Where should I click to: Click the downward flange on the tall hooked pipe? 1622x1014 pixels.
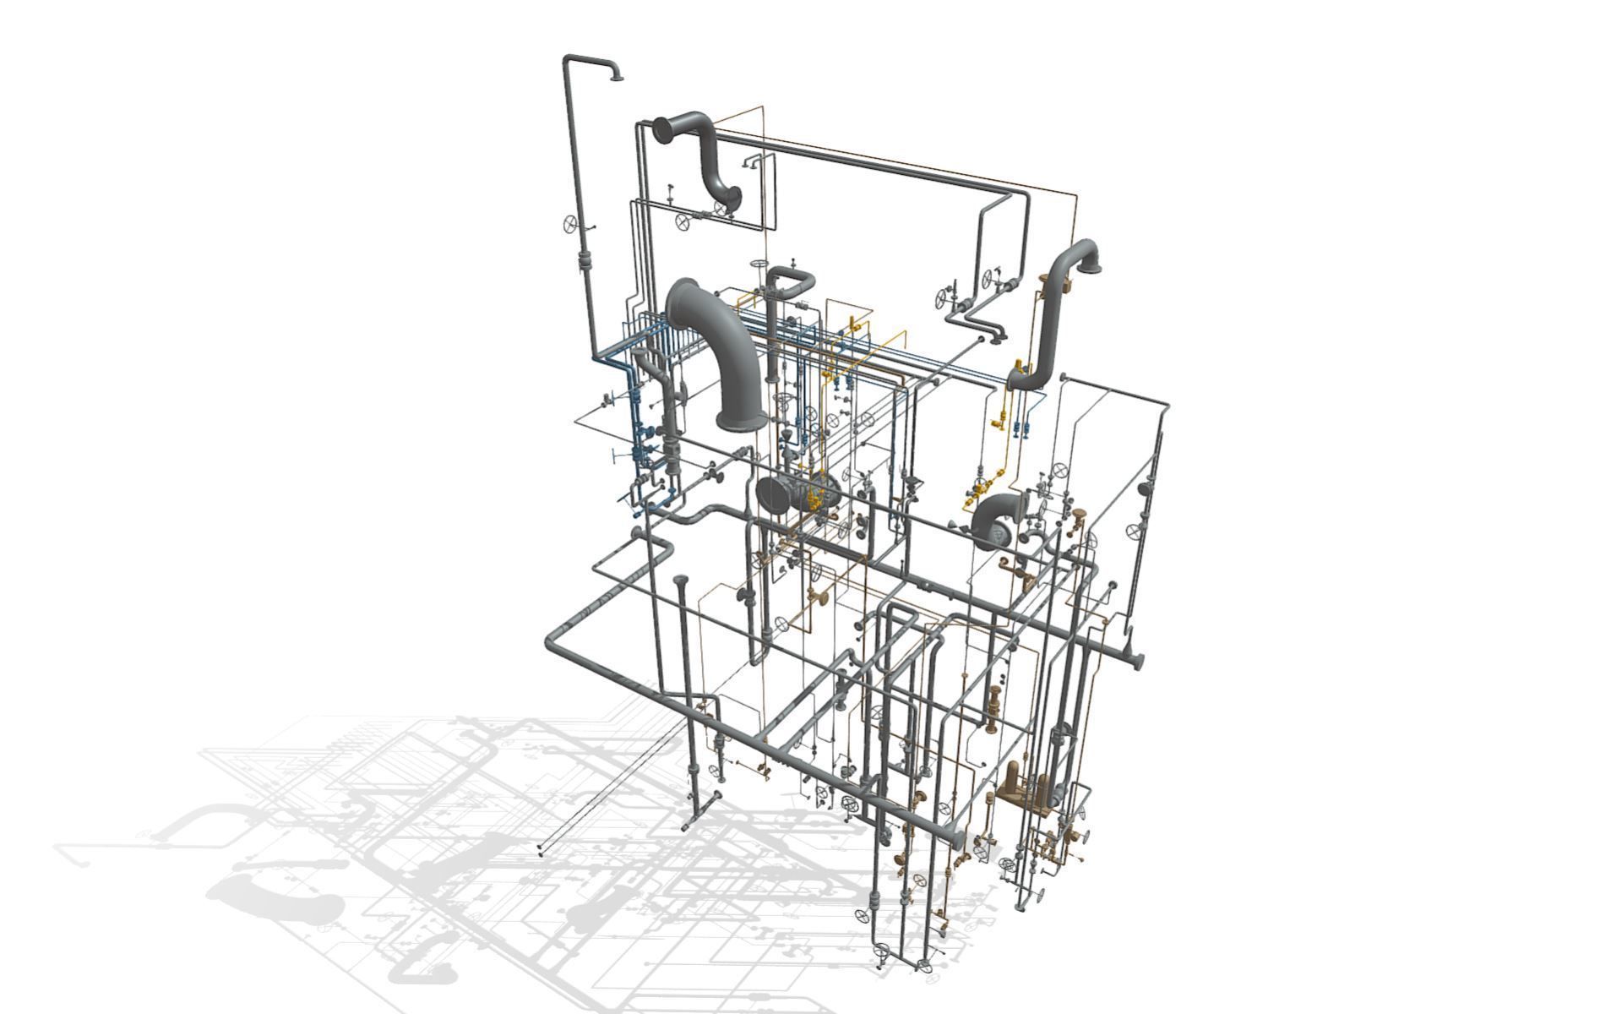point(617,79)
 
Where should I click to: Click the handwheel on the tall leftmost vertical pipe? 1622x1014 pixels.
point(572,224)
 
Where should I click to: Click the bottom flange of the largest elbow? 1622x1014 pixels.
point(741,419)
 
